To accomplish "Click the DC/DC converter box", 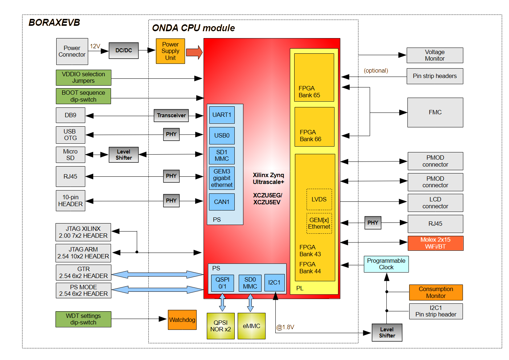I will coord(124,50).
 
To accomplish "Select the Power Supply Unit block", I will coord(170,51).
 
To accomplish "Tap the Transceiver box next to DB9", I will coord(171,115).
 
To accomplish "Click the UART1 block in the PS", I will coord(222,115).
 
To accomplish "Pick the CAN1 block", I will coord(222,202).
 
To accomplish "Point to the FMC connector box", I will coord(435,112).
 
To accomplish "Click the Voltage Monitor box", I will coord(435,56).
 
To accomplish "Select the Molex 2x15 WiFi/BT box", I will coord(435,243).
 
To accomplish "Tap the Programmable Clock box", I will coord(386,264).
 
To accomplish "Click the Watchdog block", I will coord(182,320).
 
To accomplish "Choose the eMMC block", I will coord(251,326).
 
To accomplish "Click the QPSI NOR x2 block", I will coord(221,326).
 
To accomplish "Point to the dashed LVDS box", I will coord(319,199).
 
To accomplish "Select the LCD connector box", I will coord(435,203).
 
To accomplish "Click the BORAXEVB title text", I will coord(54,22).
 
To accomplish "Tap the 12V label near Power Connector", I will coord(95,46).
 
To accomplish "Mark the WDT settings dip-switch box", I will coord(83,319).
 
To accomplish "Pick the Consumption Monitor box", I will coord(436,292).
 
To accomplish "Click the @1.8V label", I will coord(285,327).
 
